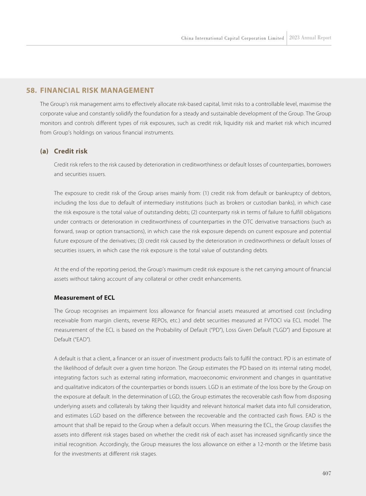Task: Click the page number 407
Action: click(326, 473)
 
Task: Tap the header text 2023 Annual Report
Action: click(310, 38)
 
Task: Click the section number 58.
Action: click(31, 90)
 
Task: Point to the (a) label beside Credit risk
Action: click(44, 151)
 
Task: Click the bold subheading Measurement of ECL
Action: click(84, 298)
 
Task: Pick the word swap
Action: click(82, 231)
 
